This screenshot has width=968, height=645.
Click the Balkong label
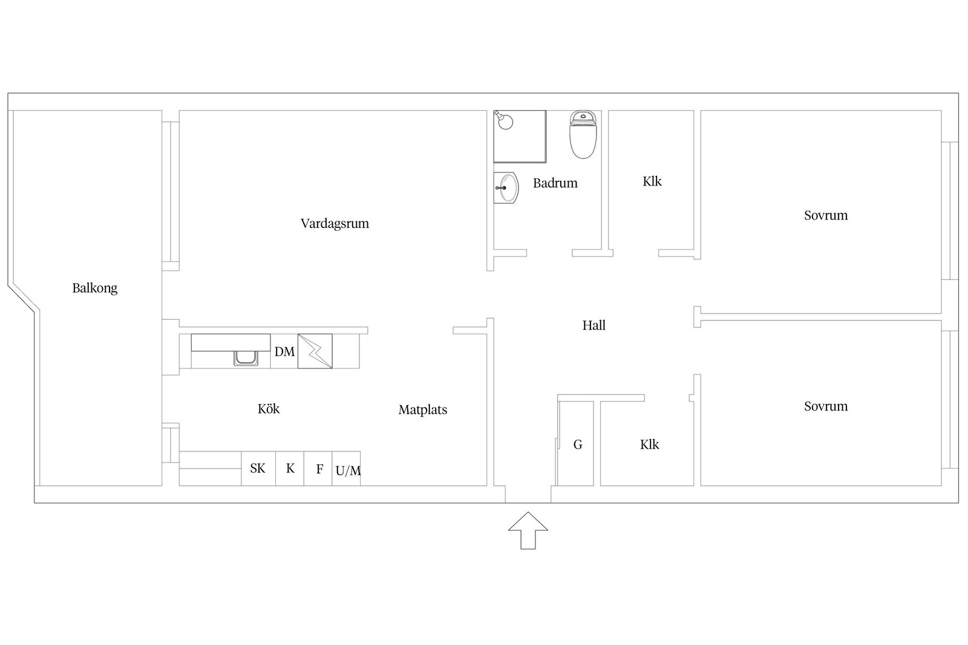pos(94,288)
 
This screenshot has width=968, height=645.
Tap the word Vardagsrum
pos(335,224)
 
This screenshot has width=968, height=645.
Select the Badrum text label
pos(555,183)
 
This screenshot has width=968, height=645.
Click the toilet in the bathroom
pos(583,134)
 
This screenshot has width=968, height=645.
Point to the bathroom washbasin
pos(506,188)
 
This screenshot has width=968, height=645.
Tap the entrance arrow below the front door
pos(528,531)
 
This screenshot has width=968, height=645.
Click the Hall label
pos(594,325)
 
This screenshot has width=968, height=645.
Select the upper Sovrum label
pos(826,215)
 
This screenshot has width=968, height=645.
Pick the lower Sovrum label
pos(826,406)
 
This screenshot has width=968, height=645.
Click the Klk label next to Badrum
pos(652,181)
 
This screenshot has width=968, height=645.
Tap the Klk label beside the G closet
pos(650,445)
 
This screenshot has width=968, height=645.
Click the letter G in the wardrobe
pos(578,445)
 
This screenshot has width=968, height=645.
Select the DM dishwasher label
pos(284,352)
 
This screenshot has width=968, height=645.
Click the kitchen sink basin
pos(246,358)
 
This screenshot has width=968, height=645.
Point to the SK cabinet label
pos(258,468)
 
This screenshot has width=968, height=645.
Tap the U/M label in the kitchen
pos(348,470)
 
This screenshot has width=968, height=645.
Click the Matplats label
pos(423,410)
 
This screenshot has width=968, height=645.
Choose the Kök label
pos(269,409)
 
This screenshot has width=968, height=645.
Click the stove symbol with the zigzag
pos(315,351)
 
